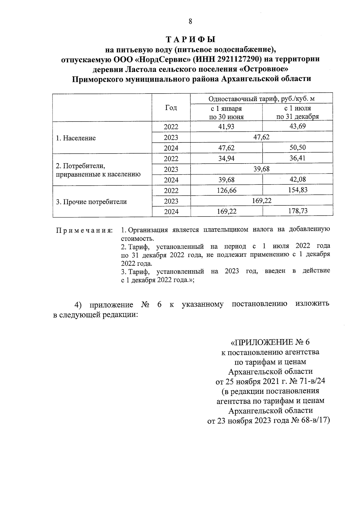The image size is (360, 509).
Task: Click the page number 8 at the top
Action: coord(190,21)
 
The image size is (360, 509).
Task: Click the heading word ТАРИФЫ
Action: coord(191,40)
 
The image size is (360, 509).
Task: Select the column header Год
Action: coord(171,108)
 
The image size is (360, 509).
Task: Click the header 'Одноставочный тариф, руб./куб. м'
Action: coord(261,99)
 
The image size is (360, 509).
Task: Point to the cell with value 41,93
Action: coord(226,127)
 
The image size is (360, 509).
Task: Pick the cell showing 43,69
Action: coord(297,126)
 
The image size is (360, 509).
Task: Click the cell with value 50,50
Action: coord(297,148)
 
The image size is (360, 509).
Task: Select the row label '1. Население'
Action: coord(76,138)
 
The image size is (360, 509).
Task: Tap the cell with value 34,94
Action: coord(226,158)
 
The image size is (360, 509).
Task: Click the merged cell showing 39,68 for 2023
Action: coord(261,169)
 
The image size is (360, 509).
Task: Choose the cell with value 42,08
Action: coord(297,179)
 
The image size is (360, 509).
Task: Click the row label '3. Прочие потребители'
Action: coord(91,202)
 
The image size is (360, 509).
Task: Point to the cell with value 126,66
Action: coord(226,190)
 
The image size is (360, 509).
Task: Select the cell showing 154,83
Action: coord(297,190)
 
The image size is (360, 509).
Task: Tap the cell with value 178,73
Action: coord(297,211)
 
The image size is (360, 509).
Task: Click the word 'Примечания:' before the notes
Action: coord(85,231)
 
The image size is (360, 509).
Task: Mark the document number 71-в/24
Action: coord(312,381)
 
